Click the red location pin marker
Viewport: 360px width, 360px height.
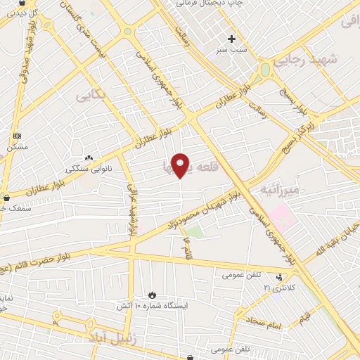[x=181, y=165]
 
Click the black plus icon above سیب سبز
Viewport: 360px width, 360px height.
[x=231, y=39]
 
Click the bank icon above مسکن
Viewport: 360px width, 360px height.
[x=17, y=136]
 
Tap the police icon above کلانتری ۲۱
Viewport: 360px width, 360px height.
[x=279, y=277]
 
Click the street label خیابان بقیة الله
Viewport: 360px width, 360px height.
[x=337, y=240]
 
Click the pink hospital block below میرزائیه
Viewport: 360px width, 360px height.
[x=278, y=214]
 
